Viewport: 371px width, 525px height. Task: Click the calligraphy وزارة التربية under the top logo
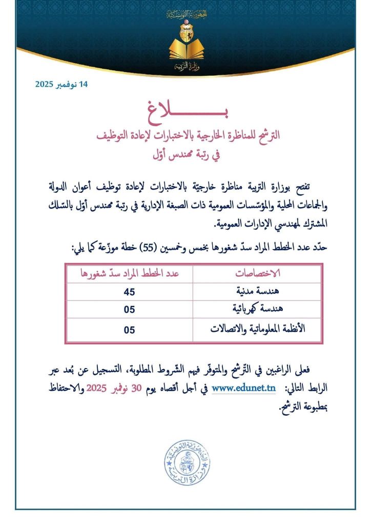(186, 67)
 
